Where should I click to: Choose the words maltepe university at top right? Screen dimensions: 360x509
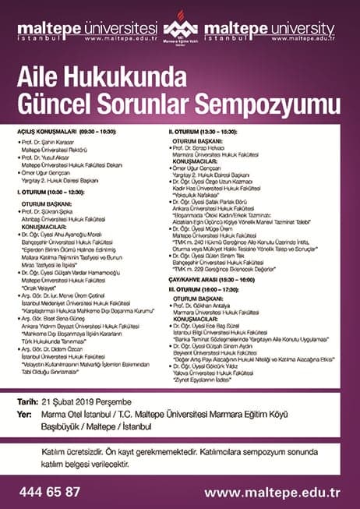(x=277, y=27)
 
